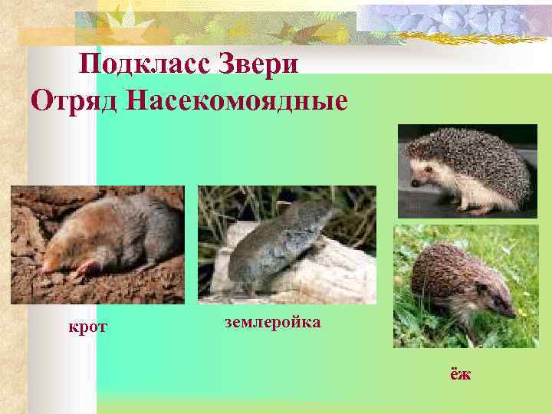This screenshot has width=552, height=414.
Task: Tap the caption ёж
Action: coord(460,374)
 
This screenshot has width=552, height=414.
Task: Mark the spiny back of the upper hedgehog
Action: coord(483,157)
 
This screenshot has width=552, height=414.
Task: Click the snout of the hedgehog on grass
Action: coord(511,312)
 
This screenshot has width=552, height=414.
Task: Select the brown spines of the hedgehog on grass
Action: coord(445,268)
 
